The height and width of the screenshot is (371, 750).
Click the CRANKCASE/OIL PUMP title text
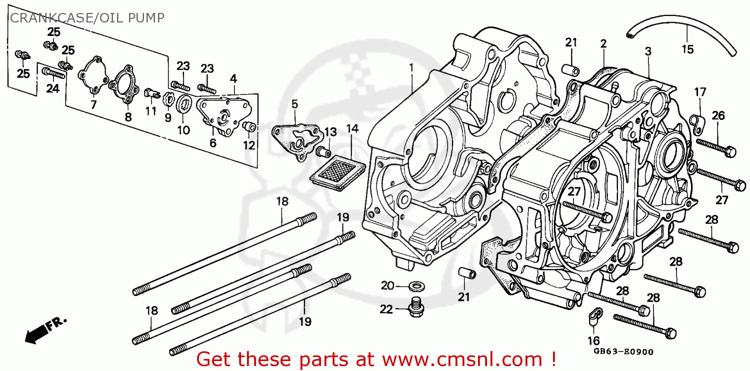coord(87,18)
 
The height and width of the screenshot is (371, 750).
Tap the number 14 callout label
coord(352,129)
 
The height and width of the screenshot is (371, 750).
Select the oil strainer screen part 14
coord(337,170)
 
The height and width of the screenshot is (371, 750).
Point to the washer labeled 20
coord(414,286)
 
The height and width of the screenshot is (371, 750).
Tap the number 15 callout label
coord(687,49)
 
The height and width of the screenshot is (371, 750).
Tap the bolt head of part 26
coord(730,150)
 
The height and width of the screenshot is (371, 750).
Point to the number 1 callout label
coord(412,66)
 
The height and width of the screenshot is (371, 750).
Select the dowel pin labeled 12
coord(249,128)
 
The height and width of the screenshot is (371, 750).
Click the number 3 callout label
coord(647,51)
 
